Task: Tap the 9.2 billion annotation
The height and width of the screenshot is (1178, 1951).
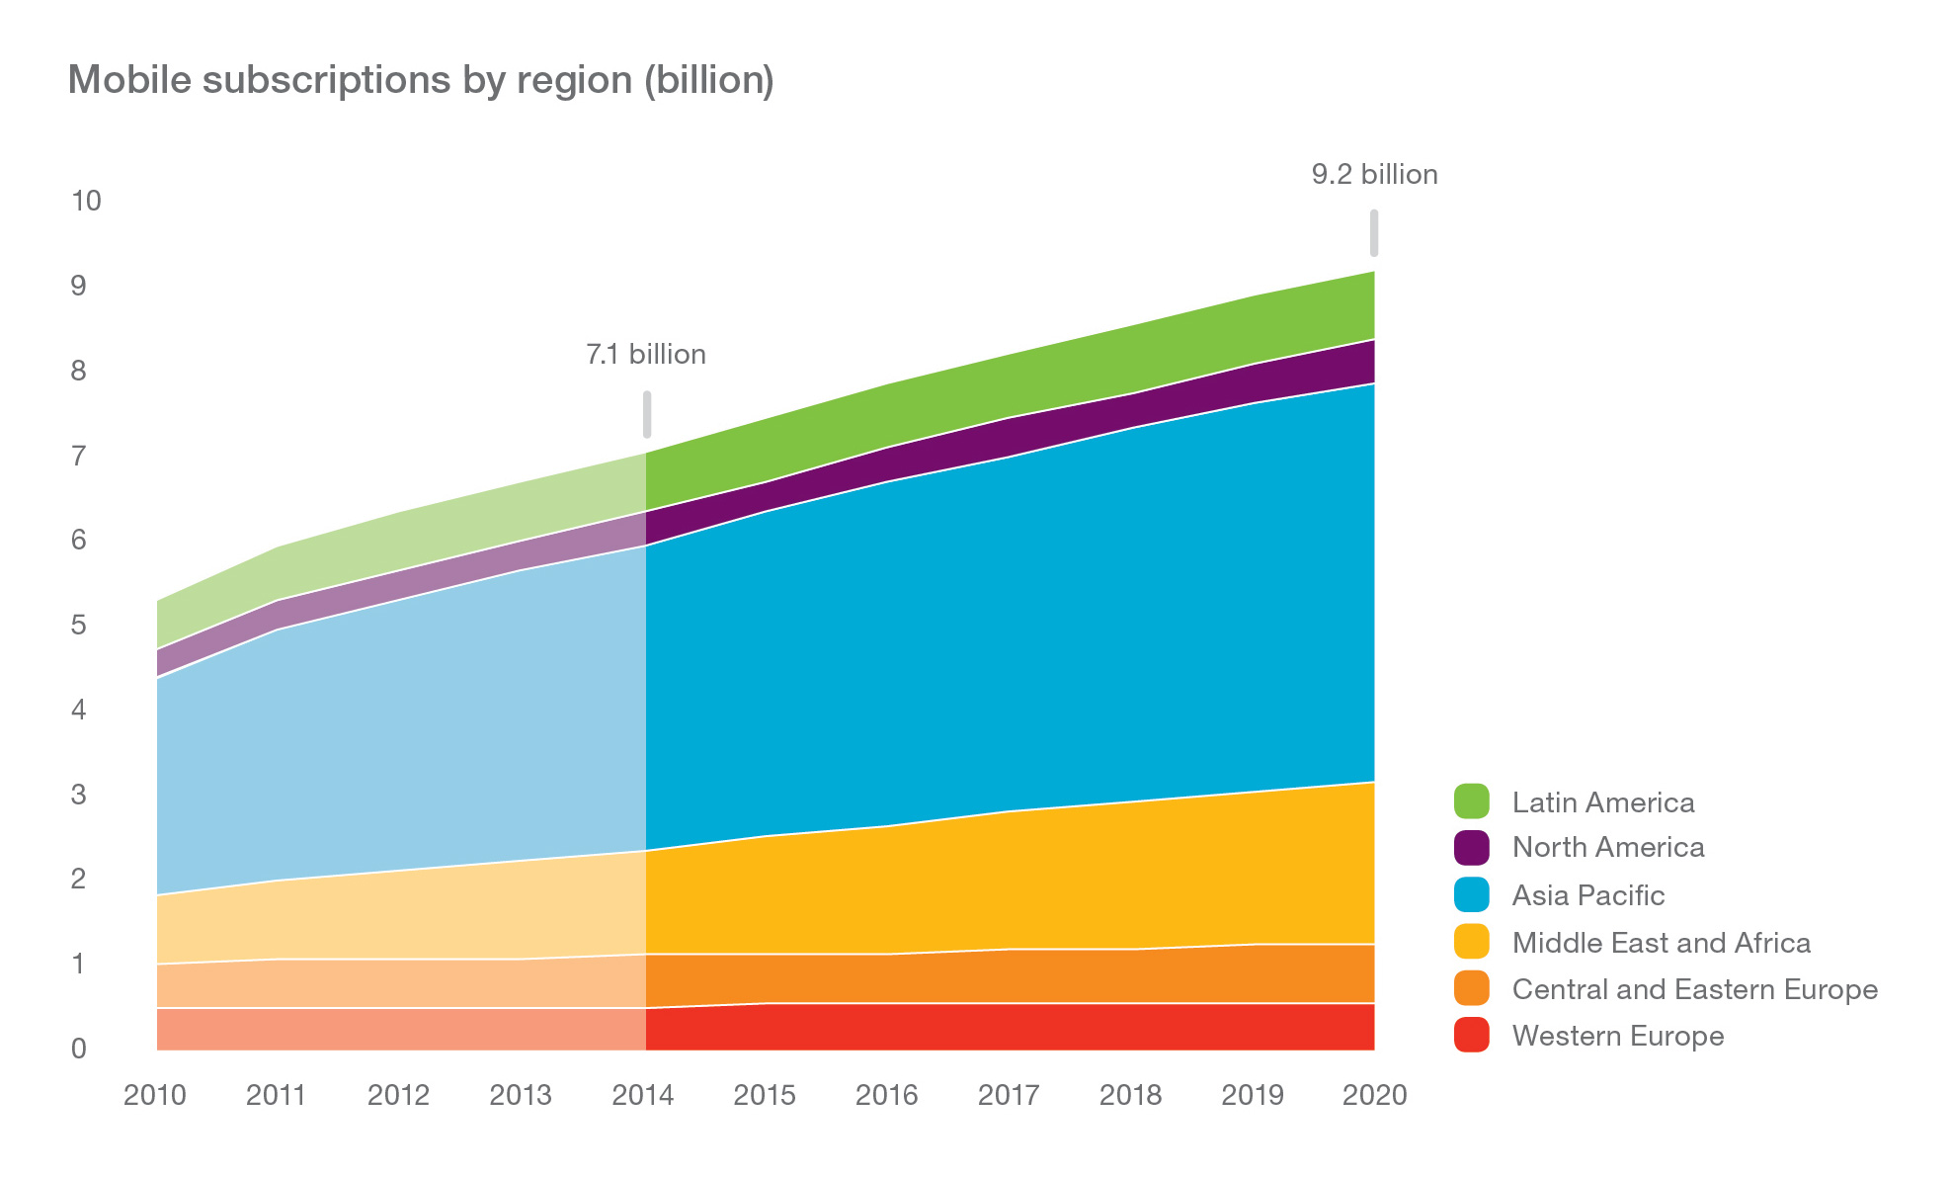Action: (1374, 175)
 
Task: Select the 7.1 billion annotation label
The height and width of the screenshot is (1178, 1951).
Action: (646, 354)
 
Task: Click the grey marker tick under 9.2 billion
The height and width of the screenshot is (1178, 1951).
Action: (1374, 233)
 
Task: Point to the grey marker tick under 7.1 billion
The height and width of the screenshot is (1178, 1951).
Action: (647, 414)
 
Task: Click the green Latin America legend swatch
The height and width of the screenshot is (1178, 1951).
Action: (1471, 800)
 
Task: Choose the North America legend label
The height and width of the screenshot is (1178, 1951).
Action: (1607, 847)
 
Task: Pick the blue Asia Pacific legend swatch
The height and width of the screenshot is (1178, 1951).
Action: (1471, 894)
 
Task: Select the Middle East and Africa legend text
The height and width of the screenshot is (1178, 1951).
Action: (1661, 943)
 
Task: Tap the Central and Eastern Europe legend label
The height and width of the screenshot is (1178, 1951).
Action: (1694, 989)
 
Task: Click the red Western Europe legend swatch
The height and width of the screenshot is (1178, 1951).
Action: (1471, 1036)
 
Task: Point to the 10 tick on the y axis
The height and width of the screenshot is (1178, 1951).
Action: (86, 202)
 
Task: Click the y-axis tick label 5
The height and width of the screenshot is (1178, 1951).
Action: (79, 626)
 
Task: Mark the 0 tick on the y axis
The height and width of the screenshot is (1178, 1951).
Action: (79, 1049)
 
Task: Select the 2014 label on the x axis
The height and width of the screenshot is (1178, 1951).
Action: (643, 1095)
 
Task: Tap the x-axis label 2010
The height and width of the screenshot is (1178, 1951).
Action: (155, 1095)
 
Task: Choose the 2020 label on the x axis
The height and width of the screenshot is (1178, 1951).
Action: (1375, 1095)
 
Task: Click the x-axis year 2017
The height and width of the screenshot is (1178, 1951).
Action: (1009, 1095)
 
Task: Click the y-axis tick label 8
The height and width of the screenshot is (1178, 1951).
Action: (79, 372)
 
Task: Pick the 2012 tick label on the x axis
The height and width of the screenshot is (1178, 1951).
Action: (398, 1095)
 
